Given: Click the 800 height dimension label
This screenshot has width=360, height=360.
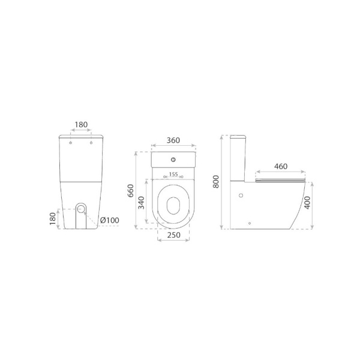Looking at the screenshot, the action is (216, 182).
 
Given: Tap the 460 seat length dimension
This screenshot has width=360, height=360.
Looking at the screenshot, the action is (281, 166).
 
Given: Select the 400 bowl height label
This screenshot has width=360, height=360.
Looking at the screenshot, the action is (307, 203).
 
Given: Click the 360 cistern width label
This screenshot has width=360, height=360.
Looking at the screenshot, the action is (173, 140).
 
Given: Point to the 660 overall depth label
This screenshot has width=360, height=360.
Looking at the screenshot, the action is (130, 191).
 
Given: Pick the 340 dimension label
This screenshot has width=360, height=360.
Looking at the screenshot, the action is (142, 203).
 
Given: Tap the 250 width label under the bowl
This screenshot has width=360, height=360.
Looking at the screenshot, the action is (173, 235).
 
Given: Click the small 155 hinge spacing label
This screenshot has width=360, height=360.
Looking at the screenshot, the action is (173, 175).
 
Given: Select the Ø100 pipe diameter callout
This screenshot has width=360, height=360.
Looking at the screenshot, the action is (110, 220).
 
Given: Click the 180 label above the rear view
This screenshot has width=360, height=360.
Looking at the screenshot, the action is (81, 125).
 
